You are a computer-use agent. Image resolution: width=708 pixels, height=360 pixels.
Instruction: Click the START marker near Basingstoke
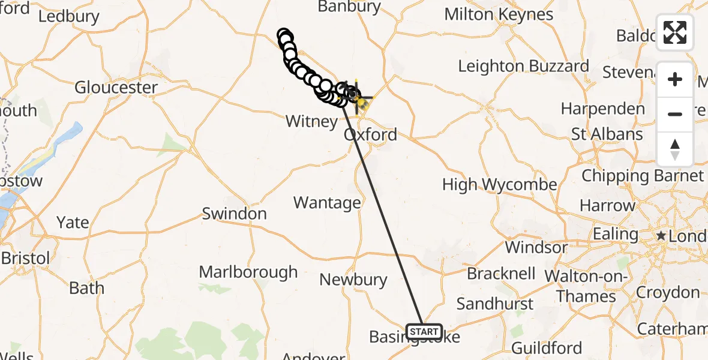pos(424,331)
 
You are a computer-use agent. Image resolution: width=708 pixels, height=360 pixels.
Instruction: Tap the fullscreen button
pos(675,32)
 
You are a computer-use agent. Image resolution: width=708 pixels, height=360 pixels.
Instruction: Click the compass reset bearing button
pos(675,149)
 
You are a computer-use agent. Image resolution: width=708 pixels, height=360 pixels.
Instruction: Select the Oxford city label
pos(370,134)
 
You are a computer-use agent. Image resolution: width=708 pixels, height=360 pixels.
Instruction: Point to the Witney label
pos(311,121)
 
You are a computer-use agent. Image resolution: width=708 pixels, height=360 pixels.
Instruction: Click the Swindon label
pos(234,214)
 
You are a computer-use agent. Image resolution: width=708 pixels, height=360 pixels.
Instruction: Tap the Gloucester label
pos(116,88)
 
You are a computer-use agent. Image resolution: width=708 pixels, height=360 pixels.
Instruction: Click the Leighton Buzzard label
pos(523,66)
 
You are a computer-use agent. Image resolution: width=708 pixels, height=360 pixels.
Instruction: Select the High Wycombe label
pos(499,185)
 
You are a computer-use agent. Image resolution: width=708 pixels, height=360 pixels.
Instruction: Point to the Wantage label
pos(327,203)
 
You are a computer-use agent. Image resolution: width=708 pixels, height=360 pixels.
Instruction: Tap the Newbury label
pos(353,280)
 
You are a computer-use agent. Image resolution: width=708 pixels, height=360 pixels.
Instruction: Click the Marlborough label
pos(248,272)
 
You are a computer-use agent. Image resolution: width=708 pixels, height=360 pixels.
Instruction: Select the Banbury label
pos(349,7)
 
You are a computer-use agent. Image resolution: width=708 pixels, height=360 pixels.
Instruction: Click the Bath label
pos(86,288)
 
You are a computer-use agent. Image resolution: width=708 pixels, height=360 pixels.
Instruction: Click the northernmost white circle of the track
pos(284,35)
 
